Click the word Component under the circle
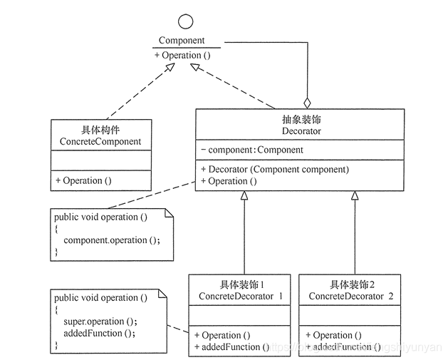click(x=182, y=41)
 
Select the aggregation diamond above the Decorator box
click(x=307, y=103)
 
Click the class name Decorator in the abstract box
click(x=301, y=131)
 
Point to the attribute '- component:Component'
click(x=252, y=150)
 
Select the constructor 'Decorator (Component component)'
click(x=275, y=170)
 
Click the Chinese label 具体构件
click(x=100, y=130)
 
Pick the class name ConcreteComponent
click(x=100, y=141)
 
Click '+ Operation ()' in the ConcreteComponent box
click(x=83, y=180)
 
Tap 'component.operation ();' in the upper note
click(x=112, y=240)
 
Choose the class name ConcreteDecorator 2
click(x=350, y=295)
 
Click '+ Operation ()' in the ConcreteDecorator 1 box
click(x=222, y=335)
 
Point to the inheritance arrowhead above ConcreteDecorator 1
click(x=244, y=195)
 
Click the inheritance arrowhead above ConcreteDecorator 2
click(x=354, y=195)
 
